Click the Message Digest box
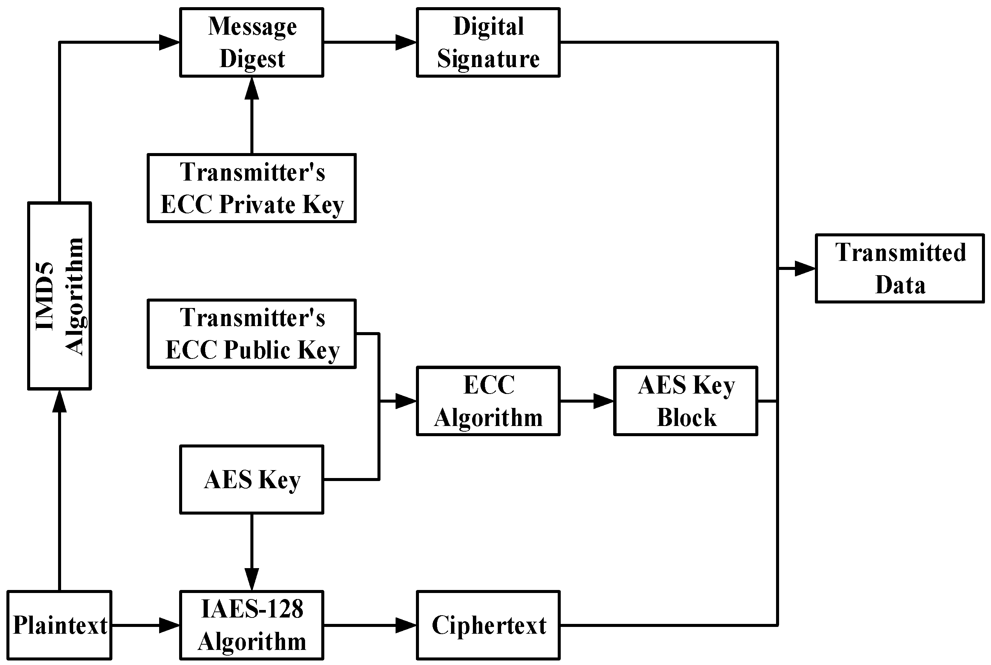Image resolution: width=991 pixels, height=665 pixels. tap(252, 42)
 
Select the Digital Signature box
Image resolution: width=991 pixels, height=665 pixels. tap(488, 42)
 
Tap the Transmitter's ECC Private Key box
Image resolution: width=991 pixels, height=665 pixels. tap(252, 188)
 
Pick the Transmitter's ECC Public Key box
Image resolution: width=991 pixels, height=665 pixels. tap(252, 334)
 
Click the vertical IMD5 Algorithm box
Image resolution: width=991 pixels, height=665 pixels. tap(60, 296)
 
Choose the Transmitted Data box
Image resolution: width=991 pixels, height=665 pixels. tap(899, 268)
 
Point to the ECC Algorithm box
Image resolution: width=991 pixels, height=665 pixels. tap(488, 401)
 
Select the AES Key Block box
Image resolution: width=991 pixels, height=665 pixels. tap(686, 401)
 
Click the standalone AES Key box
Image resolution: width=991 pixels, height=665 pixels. tap(252, 479)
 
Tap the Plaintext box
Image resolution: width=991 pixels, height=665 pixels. tap(60, 625)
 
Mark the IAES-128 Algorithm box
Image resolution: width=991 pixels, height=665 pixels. tap(252, 625)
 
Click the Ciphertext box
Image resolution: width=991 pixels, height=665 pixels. tap(488, 625)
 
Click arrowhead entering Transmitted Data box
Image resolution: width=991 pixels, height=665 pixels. tap(805, 268)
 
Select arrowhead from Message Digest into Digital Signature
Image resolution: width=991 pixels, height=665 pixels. tap(406, 42)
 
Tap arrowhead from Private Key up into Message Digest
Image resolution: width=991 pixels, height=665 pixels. tap(252, 88)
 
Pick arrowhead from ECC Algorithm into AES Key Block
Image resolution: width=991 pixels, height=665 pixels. tap(603, 401)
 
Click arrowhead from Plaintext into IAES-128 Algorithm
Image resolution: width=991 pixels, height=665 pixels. tap(169, 625)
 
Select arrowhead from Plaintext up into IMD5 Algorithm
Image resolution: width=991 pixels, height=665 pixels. tap(60, 401)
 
